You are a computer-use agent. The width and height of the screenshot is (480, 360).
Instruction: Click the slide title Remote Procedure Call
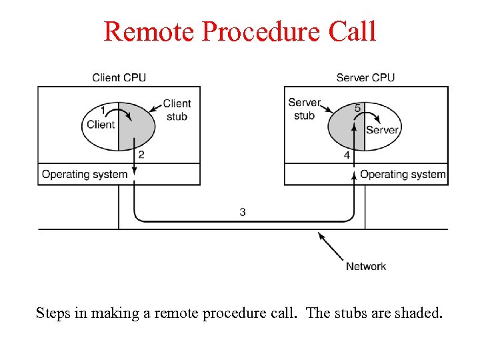[240, 31]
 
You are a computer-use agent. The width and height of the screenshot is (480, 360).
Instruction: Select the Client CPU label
[119, 77]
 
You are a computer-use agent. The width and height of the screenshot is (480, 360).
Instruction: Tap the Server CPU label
[365, 77]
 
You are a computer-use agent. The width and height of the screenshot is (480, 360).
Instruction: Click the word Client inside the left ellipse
[101, 124]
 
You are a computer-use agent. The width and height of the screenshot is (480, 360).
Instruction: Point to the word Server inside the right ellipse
[382, 130]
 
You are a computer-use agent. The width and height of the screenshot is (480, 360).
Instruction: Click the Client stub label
[177, 110]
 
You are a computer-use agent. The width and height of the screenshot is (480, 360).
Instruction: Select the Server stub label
[304, 109]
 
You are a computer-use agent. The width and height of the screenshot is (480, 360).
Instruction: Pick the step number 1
[102, 109]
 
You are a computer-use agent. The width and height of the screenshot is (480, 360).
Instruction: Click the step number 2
[141, 155]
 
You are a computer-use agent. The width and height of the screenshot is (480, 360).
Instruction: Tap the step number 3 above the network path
[243, 212]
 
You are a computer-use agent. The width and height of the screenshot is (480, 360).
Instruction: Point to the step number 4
[346, 155]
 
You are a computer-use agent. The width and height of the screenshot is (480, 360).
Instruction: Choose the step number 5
[358, 108]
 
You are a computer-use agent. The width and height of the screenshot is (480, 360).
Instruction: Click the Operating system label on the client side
[85, 175]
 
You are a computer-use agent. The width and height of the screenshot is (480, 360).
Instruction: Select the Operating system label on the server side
[403, 175]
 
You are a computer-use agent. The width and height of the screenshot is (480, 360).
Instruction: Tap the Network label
[365, 266]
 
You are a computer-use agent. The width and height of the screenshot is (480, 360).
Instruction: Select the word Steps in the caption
[53, 313]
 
